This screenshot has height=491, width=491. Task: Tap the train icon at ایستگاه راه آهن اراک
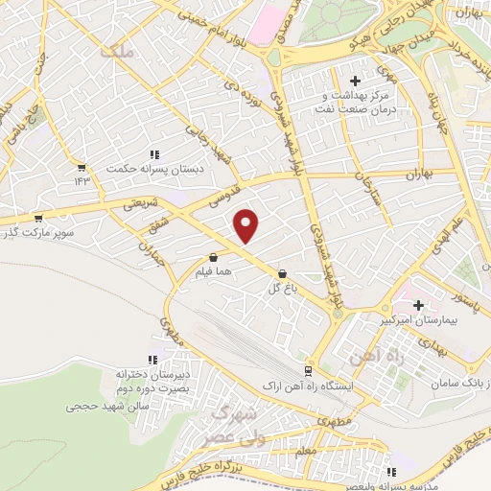click(x=308, y=370)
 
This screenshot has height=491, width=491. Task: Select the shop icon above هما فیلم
click(x=213, y=257)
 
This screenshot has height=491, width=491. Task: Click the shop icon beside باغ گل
click(x=282, y=272)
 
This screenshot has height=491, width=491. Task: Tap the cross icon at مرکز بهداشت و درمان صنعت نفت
click(x=355, y=81)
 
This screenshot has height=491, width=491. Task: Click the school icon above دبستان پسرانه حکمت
click(x=153, y=154)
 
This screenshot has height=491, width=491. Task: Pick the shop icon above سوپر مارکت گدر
click(x=36, y=219)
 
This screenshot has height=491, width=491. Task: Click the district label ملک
click(x=119, y=54)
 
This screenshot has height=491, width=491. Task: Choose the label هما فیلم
click(x=213, y=272)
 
